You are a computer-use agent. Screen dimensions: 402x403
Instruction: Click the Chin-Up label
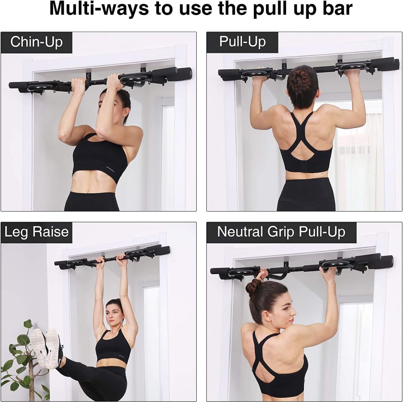coord(36,42)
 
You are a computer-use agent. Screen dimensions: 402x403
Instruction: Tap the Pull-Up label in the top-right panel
coord(242,42)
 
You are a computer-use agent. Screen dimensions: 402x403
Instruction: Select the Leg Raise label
coord(36,232)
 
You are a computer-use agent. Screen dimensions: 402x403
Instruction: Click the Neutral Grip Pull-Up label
coord(281,232)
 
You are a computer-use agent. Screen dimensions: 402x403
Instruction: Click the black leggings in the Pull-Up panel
coord(305,195)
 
